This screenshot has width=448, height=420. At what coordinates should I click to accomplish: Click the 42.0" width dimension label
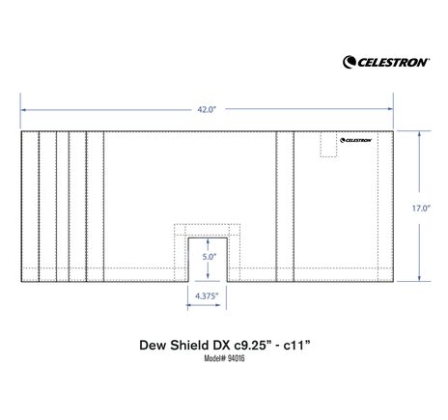click(x=207, y=110)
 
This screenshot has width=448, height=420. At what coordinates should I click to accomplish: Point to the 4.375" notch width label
click(x=207, y=295)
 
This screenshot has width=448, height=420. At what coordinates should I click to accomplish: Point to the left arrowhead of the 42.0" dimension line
click(x=23, y=110)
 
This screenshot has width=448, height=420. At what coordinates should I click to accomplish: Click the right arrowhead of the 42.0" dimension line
click(x=391, y=110)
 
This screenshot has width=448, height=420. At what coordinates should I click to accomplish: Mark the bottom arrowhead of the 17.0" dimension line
click(x=420, y=281)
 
